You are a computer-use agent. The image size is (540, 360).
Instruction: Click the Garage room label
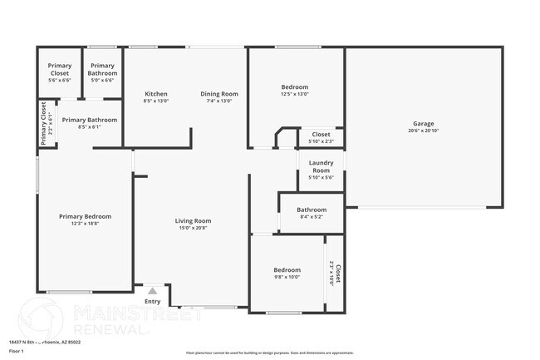pyautogui.click(x=423, y=123)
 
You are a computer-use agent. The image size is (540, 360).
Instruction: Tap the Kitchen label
pyautogui.click(x=156, y=93)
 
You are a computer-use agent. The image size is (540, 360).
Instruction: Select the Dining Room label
pyautogui.click(x=219, y=93)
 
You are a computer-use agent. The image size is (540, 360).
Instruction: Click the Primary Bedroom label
pyautogui.click(x=85, y=216)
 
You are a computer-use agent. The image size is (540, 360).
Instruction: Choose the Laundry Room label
pyautogui.click(x=321, y=166)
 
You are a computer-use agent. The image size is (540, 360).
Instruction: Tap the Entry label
pyautogui.click(x=153, y=301)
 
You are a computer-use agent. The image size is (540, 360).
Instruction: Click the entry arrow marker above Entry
pyautogui.click(x=153, y=291)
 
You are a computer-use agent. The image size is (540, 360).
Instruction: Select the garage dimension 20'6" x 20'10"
pyautogui.click(x=423, y=131)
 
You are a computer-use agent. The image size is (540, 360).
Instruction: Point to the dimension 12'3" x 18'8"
pyautogui.click(x=85, y=224)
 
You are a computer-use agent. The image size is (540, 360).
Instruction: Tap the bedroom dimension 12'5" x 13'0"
pyautogui.click(x=294, y=94)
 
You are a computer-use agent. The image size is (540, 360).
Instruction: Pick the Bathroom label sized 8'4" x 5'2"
pyautogui.click(x=312, y=210)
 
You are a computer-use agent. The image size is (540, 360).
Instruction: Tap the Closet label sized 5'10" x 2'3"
pyautogui.click(x=321, y=134)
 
